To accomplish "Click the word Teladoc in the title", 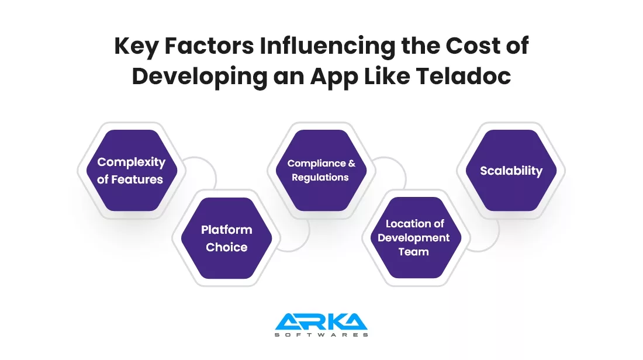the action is (464, 76).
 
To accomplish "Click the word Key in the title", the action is (136, 46).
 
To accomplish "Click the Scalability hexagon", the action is (511, 171).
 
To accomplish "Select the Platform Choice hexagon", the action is (226, 238).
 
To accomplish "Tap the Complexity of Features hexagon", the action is (132, 171).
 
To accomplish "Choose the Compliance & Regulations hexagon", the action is (321, 171).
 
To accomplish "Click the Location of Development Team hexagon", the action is (416, 238).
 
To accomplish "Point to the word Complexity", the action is (131, 162).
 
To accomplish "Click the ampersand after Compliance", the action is (351, 163).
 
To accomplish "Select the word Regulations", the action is (320, 178).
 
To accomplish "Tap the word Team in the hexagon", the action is (413, 252).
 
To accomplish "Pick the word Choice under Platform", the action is (226, 247).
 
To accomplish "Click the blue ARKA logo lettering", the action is (321, 321).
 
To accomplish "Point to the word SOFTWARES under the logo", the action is (321, 335).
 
